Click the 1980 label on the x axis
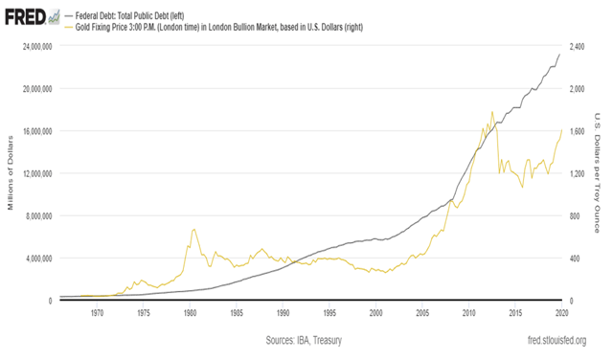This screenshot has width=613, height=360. [190, 313]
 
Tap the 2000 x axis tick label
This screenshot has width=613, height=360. [375, 313]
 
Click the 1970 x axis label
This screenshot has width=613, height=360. [97, 313]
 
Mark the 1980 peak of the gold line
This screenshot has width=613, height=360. [193, 230]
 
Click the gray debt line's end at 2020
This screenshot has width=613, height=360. [560, 55]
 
